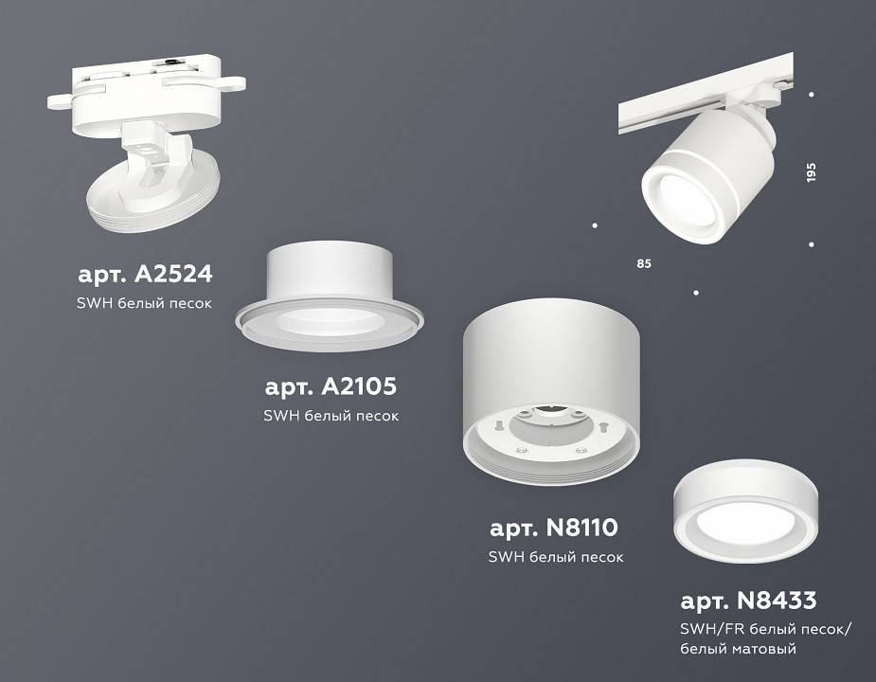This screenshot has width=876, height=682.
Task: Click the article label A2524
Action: coord(145,275)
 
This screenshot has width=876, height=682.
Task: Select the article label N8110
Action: coord(554,528)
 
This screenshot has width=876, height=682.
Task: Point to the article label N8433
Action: coord(748,601)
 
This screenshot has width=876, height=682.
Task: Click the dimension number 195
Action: coord(811,172)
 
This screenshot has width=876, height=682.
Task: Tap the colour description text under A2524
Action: coord(143,304)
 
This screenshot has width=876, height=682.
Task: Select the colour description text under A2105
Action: coord(330,416)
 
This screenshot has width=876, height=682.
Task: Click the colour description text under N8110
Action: coord(555,557)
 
